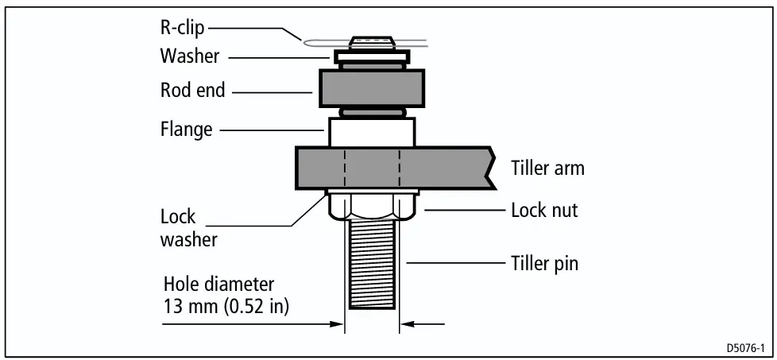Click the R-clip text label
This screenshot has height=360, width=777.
pyautogui.click(x=182, y=29)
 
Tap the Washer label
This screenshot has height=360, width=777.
pyautogui.click(x=189, y=56)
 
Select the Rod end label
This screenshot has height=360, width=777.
pyautogui.click(x=193, y=91)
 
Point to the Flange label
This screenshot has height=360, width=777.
pyautogui.click(x=187, y=130)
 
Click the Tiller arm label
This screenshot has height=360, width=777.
pyautogui.click(x=547, y=168)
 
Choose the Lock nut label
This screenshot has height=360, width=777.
pyautogui.click(x=544, y=211)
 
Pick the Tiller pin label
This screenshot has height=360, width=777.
pyautogui.click(x=544, y=263)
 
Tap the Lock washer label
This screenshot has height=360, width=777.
pyautogui.click(x=189, y=228)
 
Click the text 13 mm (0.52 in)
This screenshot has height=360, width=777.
pyautogui.click(x=226, y=307)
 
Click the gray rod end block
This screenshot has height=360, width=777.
pyautogui.click(x=372, y=88)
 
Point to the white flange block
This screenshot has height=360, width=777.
pyautogui.click(x=372, y=132)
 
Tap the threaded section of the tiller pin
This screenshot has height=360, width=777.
pyautogui.click(x=372, y=265)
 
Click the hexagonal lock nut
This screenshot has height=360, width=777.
pyautogui.click(x=372, y=207)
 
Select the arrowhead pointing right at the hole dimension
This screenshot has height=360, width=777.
pyautogui.click(x=337, y=325)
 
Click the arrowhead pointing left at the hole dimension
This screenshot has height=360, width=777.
pyautogui.click(x=408, y=325)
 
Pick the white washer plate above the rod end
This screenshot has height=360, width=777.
pyautogui.click(x=372, y=57)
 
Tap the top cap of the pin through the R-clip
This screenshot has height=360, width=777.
pyautogui.click(x=372, y=43)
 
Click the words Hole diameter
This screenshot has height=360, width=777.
pyautogui.click(x=218, y=285)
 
